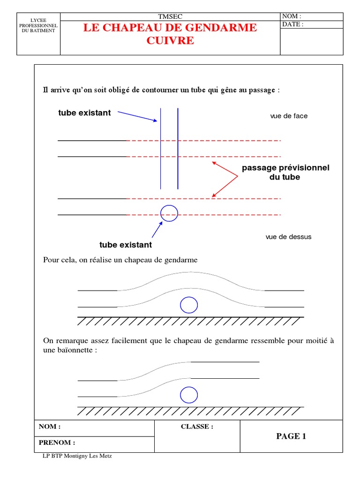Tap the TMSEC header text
tap(170, 16)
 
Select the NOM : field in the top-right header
tap(292, 16)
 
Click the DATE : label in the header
tap(293, 24)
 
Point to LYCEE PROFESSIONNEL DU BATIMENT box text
tap(38, 25)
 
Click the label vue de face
tap(289, 116)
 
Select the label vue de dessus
tap(288, 237)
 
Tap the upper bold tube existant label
tap(84, 113)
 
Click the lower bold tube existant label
tap(126, 245)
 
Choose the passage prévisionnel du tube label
tap(285, 172)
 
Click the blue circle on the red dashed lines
tap(169, 213)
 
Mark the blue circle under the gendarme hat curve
tap(189, 305)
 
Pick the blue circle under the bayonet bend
tap(189, 395)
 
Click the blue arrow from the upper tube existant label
tap(137, 116)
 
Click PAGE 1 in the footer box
tap(291, 436)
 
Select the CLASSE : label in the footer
tap(197, 427)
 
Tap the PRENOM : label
tap(57, 442)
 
